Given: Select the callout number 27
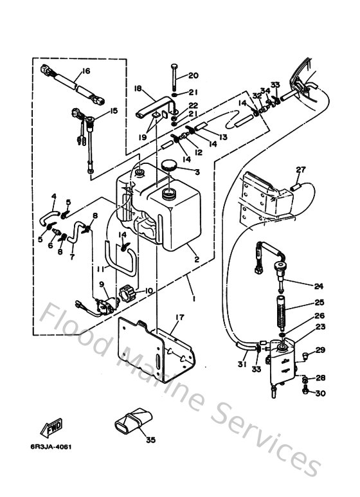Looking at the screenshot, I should point(300,170).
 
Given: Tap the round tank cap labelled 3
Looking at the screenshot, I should point(171,167).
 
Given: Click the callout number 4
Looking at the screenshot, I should point(53,196).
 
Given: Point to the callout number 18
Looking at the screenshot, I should point(137,88).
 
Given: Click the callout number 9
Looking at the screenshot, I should point(101,284).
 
